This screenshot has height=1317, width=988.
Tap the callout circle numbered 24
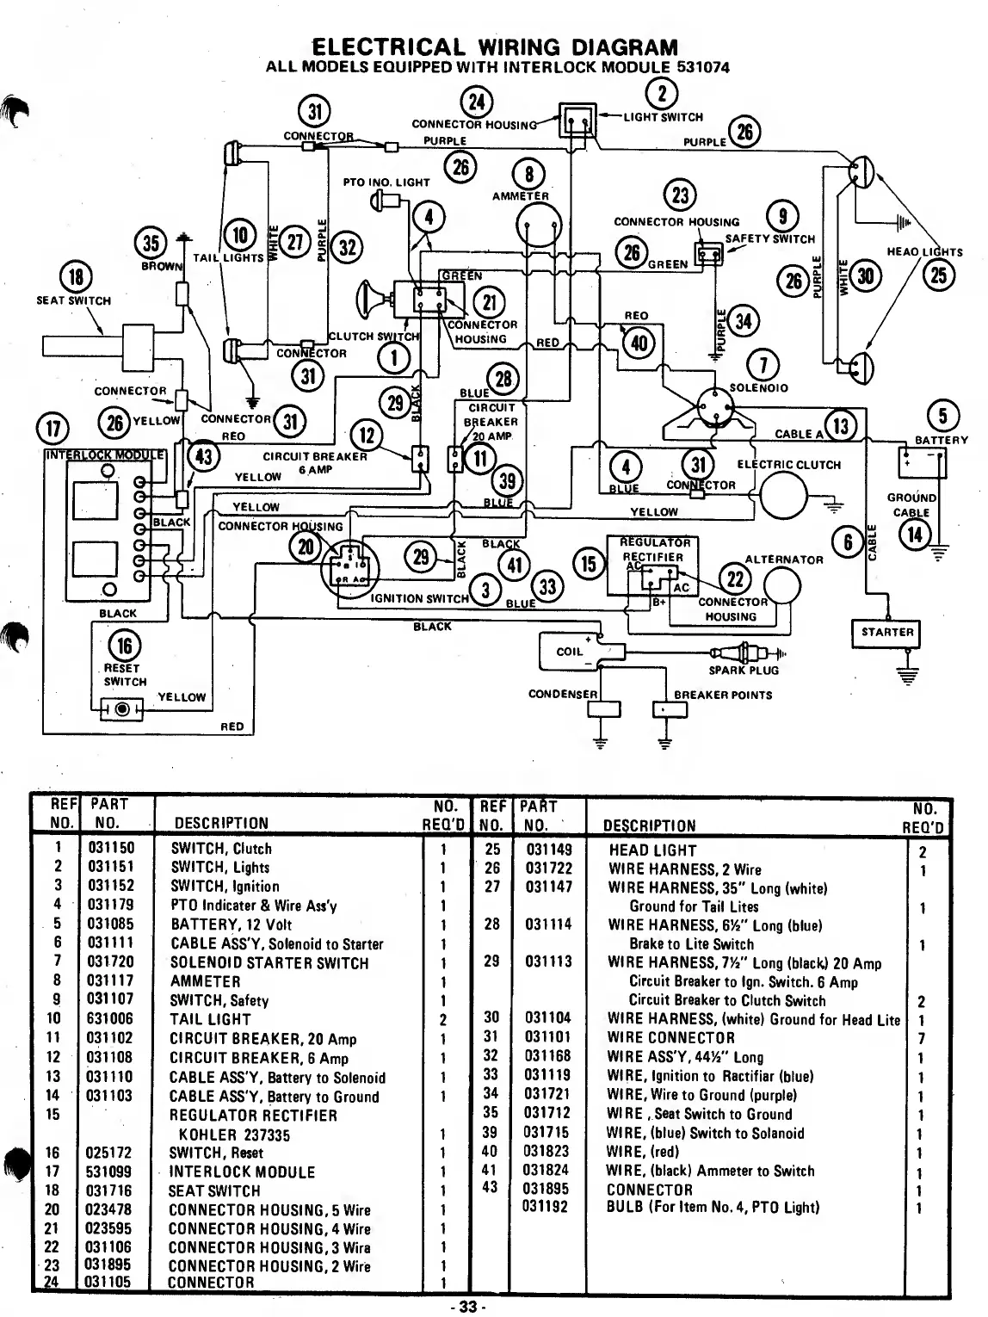click(476, 102)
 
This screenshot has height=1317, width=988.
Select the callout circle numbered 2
click(662, 92)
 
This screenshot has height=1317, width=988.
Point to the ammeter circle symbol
click(538, 227)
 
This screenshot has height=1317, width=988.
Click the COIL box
click(570, 652)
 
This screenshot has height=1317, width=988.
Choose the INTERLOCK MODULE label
click(104, 454)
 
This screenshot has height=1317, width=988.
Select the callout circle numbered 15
click(590, 564)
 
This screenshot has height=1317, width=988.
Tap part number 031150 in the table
click(111, 849)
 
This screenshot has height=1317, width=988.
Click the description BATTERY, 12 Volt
click(231, 924)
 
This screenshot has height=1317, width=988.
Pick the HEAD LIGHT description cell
click(652, 850)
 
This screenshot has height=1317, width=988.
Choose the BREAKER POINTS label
click(723, 695)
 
